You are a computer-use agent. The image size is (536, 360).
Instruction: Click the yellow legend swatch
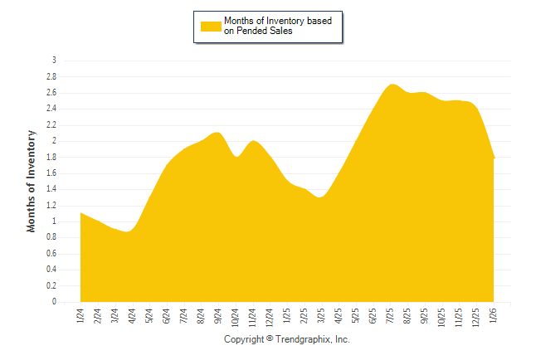point(211,26)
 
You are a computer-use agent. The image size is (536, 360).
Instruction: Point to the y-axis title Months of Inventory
point(32,180)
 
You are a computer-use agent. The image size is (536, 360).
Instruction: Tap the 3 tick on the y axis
point(54,61)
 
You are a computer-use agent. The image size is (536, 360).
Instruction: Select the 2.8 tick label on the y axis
point(51,76)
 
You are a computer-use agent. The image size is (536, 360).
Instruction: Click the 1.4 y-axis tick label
point(51,189)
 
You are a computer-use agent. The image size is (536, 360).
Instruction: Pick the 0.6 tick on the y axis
point(51,254)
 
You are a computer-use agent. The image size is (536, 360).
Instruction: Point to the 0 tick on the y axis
point(54,302)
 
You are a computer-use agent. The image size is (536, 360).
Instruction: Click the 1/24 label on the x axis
point(80,316)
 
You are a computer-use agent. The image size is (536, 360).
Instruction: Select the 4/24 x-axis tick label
point(132,316)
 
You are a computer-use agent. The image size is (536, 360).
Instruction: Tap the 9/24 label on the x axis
point(218,316)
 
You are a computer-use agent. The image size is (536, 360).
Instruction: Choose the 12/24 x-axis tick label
point(270,317)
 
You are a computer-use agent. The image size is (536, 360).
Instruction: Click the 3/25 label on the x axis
point(321,316)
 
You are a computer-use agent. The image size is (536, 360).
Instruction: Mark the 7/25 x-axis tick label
point(391,316)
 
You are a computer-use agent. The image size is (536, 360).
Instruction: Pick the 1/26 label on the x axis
point(494,316)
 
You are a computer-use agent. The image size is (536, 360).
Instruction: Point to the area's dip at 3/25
point(320,197)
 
